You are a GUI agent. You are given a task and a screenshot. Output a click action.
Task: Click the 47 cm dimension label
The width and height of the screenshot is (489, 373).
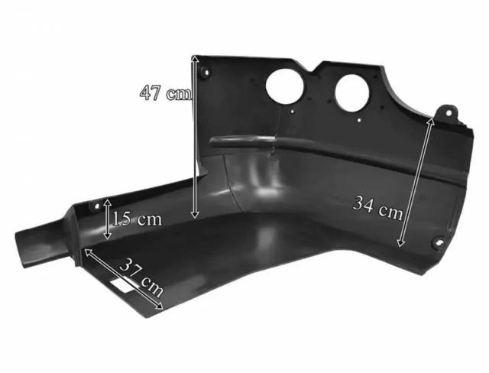pos(165,92)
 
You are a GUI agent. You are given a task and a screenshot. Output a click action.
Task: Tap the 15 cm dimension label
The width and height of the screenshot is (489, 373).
pos(138,219)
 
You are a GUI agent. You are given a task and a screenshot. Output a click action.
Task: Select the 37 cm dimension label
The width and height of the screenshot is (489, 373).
pos(141,277)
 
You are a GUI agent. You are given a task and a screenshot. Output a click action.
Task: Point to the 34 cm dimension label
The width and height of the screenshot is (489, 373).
pos(377,208)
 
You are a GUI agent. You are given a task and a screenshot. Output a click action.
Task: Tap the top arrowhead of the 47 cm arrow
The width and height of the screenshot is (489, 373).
pos(195,59)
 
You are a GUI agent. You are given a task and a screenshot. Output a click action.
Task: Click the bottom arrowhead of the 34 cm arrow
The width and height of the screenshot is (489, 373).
pos(400,243)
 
